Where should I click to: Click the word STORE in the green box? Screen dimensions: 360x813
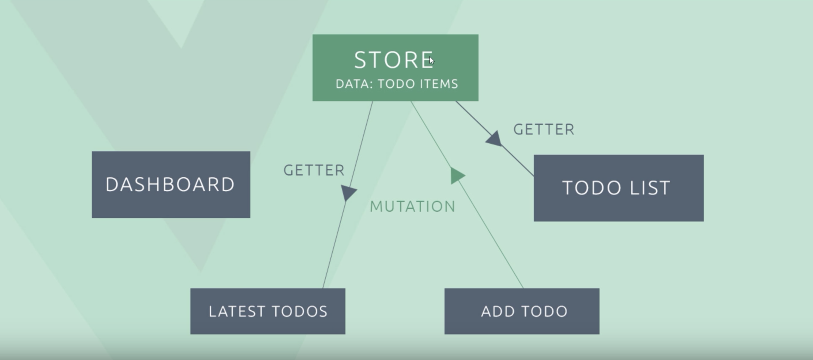[x=393, y=60]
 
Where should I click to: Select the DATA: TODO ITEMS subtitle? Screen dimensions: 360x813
[x=397, y=84]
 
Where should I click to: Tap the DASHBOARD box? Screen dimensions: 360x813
[x=171, y=184]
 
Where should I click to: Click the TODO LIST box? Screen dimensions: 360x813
[x=618, y=188]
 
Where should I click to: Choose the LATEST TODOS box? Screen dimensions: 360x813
[x=268, y=311]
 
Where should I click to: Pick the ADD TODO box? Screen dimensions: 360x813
[x=522, y=311]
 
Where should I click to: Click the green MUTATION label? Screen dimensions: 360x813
[x=412, y=207]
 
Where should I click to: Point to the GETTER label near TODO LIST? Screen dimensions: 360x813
[x=544, y=130]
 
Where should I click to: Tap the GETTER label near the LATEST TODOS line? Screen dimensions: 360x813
[x=314, y=170]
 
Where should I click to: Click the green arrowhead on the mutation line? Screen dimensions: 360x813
[x=457, y=176]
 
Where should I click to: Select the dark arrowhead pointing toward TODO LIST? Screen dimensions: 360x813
[x=495, y=139]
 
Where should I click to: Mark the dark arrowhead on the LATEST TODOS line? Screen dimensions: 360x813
[x=348, y=192]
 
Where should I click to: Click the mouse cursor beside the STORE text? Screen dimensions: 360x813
[x=432, y=60]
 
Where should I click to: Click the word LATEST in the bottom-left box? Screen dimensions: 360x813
[x=237, y=311]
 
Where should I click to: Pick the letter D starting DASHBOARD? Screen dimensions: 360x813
[x=112, y=184]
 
